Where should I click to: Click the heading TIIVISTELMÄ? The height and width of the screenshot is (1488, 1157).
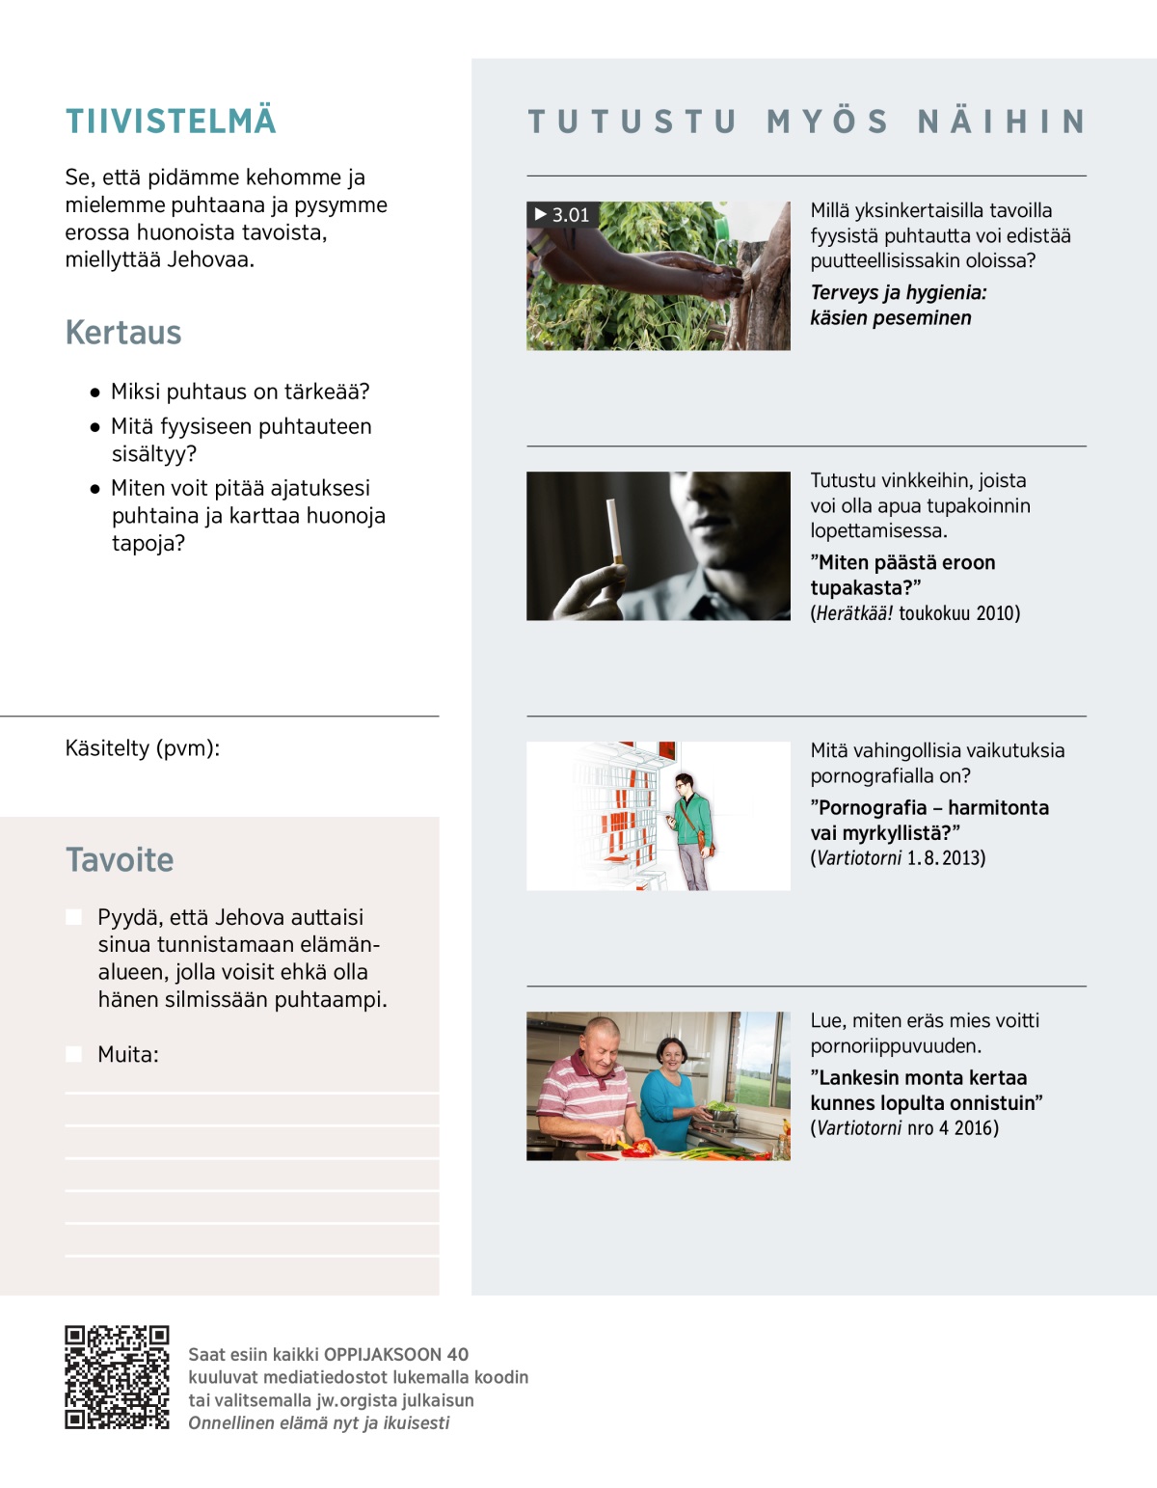pos(171,122)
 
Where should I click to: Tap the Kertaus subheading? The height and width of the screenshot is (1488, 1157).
pos(123,333)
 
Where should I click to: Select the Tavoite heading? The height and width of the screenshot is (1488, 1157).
pos(120,860)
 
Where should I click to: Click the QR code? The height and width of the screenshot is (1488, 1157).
pos(117,1377)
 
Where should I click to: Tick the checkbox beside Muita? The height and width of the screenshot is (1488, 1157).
pos(74,1054)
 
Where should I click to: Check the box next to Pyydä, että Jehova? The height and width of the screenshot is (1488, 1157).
pos(74,917)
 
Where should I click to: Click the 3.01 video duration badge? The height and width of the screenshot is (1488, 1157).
pos(562,215)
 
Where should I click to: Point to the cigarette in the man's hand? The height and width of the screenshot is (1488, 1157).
pos(612,530)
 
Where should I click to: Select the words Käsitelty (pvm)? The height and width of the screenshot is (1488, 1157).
pos(143,748)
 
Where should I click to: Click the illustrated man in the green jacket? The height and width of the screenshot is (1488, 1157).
pos(691,829)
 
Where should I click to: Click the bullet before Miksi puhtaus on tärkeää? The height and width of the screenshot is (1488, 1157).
pos(94,392)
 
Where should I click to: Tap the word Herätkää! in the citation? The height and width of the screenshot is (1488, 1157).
pos(854,613)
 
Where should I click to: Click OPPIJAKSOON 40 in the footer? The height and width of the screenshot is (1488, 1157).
pos(396,1354)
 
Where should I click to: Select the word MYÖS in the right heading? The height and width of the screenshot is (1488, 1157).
pos(827,122)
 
